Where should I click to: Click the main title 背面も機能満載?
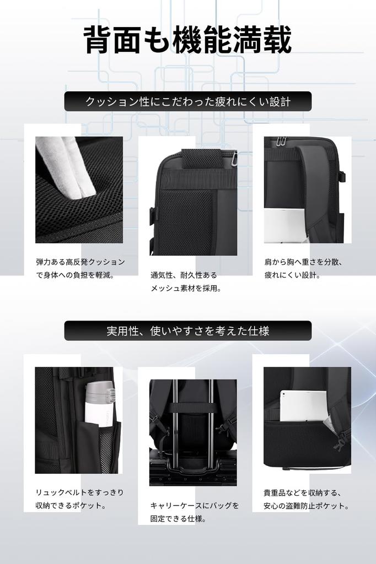click(187, 40)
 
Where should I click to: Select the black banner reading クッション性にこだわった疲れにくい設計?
click(187, 102)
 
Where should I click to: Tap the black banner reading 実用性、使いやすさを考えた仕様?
click(187, 331)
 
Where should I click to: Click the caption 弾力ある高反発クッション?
click(80, 262)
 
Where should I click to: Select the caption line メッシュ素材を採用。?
click(186, 288)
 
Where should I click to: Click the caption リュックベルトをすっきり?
click(80, 492)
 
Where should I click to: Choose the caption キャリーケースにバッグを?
click(195, 506)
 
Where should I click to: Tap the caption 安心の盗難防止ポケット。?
click(307, 506)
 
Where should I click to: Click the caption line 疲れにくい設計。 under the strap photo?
click(292, 275)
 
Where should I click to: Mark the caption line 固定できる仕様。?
click(178, 519)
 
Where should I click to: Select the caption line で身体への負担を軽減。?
click(75, 275)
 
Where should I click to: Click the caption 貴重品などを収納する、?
click(303, 492)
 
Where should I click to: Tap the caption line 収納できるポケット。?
click(71, 506)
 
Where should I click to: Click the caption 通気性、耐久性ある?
click(184, 275)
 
